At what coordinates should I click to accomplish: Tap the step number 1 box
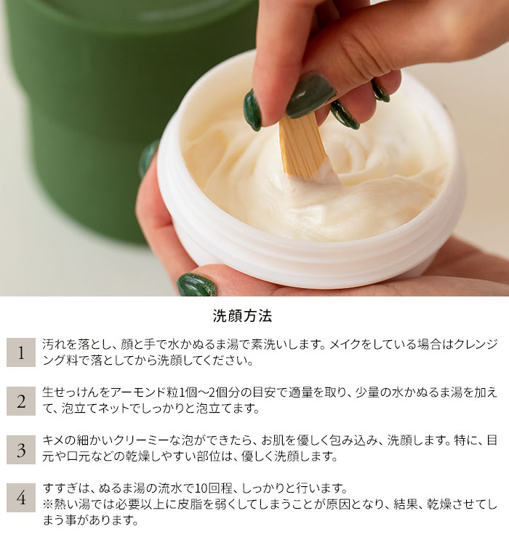(21, 352)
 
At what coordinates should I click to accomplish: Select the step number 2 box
(21, 400)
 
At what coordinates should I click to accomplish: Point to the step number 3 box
(21, 449)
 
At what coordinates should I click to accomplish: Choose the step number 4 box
(21, 498)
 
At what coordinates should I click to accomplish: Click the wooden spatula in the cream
(302, 146)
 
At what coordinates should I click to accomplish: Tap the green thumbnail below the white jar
(197, 285)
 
